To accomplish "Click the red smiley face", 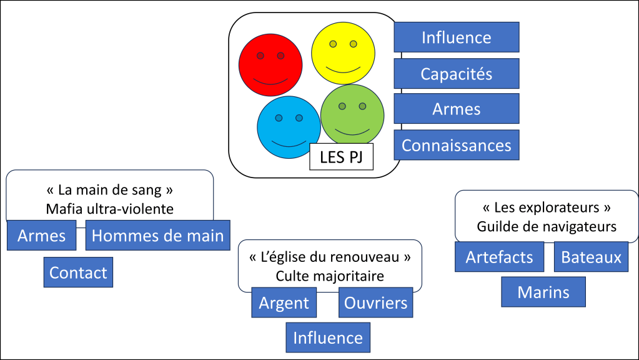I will click(x=270, y=65).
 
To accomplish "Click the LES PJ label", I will click(x=341, y=157).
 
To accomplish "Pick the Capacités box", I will click(x=456, y=74).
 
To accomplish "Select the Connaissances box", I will click(x=456, y=145).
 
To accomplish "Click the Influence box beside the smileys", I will click(x=456, y=37).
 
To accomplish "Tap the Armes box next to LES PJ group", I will click(x=456, y=109).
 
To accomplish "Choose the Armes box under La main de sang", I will click(x=41, y=236).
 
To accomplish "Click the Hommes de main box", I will click(x=157, y=236).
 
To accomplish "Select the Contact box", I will click(x=78, y=272).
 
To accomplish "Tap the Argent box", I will click(x=284, y=303).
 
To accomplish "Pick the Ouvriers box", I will click(x=376, y=303).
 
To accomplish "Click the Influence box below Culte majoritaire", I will click(x=328, y=337).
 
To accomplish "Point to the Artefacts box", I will click(x=499, y=257).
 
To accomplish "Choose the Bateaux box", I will click(x=591, y=257).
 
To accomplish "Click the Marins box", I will click(x=543, y=292).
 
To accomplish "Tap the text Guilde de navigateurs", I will click(x=547, y=226).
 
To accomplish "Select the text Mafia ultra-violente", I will click(x=109, y=209).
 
